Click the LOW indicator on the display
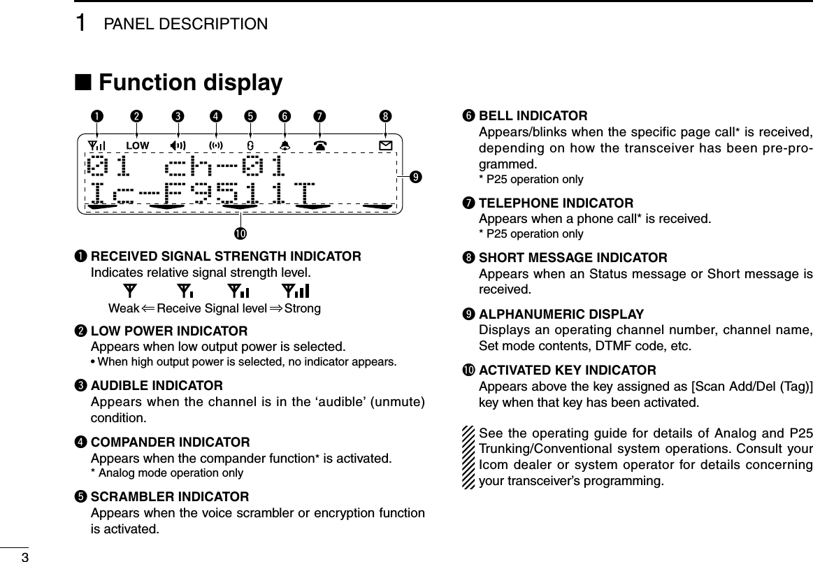138,145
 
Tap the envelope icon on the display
385,145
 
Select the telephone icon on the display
322,145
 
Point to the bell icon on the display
285,145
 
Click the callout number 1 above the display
97,115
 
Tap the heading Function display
191,83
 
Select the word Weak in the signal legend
122,308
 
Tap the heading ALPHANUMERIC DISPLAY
561,314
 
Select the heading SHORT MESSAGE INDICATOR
573,258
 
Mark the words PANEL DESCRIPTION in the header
185,24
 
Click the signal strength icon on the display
97,145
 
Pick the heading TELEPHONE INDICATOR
556,203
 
